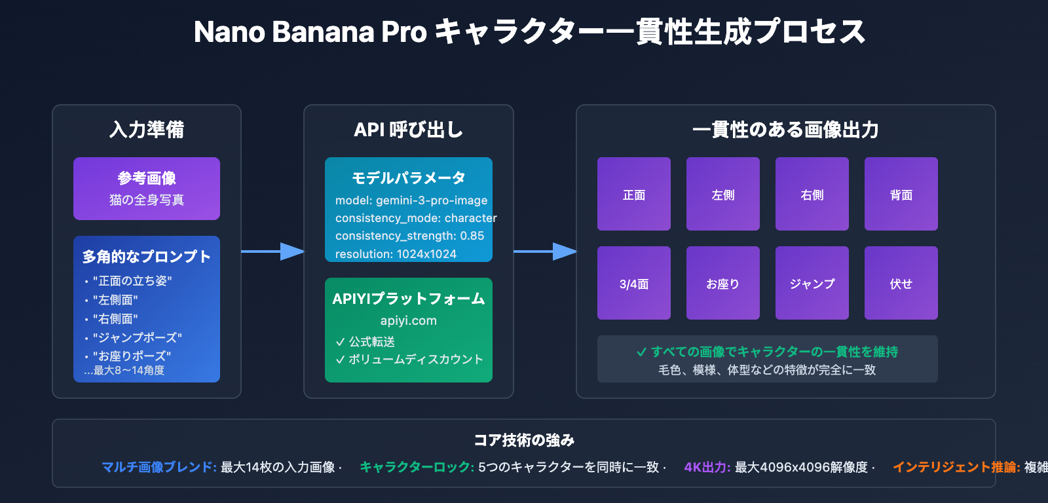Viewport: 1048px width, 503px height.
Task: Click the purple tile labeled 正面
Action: [633, 194]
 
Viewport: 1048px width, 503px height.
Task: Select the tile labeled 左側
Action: [722, 194]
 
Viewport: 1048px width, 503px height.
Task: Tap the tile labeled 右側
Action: [812, 194]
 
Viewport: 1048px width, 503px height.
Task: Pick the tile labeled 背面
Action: [901, 194]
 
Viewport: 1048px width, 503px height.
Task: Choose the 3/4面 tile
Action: [633, 283]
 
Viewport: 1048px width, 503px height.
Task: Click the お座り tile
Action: [722, 283]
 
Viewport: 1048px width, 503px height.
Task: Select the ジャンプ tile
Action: [812, 283]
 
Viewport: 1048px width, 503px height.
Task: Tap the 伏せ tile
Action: [901, 283]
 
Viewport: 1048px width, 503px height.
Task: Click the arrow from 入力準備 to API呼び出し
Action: [272, 251]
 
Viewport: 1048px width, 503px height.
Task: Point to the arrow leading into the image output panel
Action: [545, 251]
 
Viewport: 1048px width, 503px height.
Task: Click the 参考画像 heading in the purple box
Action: [147, 178]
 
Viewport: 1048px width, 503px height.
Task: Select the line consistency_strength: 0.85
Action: [409, 236]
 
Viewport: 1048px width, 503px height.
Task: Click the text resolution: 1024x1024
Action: [396, 254]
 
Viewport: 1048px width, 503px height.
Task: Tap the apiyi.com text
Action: [408, 321]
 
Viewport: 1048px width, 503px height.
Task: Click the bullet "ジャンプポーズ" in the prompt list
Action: [137, 338]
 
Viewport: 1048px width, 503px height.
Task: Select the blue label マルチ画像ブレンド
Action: [159, 467]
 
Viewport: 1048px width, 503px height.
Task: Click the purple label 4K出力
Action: [707, 467]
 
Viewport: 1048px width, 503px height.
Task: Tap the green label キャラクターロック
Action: [417, 467]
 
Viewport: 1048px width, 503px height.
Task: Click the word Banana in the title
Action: [323, 32]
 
